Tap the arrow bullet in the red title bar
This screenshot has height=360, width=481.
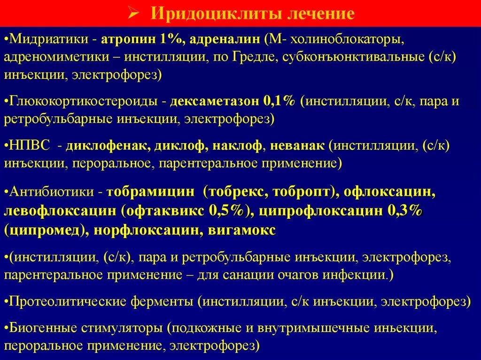[132, 13]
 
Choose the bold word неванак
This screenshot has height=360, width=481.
[297, 146]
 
